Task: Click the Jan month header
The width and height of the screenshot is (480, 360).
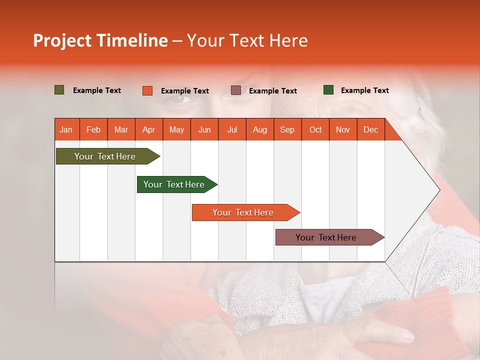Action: [x=66, y=130]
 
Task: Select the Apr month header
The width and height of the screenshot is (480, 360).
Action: [x=149, y=130]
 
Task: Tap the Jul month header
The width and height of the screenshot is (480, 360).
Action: [x=232, y=130]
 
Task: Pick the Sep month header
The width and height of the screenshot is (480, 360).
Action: [x=287, y=130]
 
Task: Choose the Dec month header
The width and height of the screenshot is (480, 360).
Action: [x=371, y=130]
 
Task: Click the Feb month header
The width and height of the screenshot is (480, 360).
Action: [x=93, y=130]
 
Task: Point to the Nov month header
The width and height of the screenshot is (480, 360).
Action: [x=343, y=130]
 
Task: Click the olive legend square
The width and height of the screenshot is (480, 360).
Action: [x=59, y=90]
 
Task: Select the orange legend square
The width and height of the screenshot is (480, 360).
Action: [x=147, y=90]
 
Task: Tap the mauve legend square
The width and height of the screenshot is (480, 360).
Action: [x=236, y=90]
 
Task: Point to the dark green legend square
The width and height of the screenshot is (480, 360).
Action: [x=328, y=90]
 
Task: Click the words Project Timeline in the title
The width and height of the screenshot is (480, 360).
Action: [x=100, y=40]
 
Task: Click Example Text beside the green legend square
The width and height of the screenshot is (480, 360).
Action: [x=364, y=90]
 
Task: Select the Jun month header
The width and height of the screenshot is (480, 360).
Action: [x=204, y=130]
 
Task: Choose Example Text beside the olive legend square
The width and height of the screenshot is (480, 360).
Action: [x=97, y=90]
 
